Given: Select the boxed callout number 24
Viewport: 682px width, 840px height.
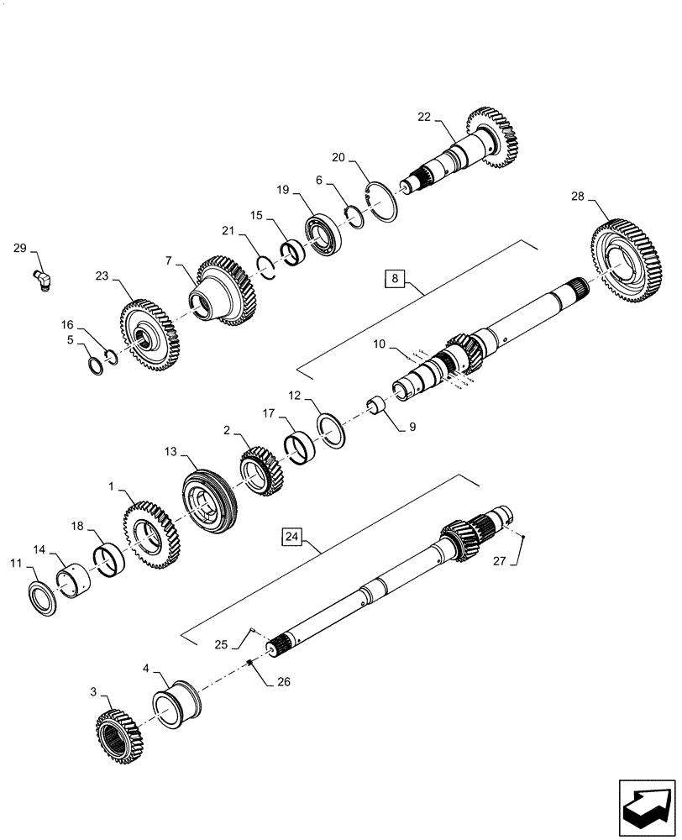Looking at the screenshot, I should (290, 536).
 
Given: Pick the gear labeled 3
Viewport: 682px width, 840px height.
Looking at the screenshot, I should (118, 733).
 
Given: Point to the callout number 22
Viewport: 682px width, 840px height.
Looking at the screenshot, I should (424, 117).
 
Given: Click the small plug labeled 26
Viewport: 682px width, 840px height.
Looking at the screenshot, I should (251, 664).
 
